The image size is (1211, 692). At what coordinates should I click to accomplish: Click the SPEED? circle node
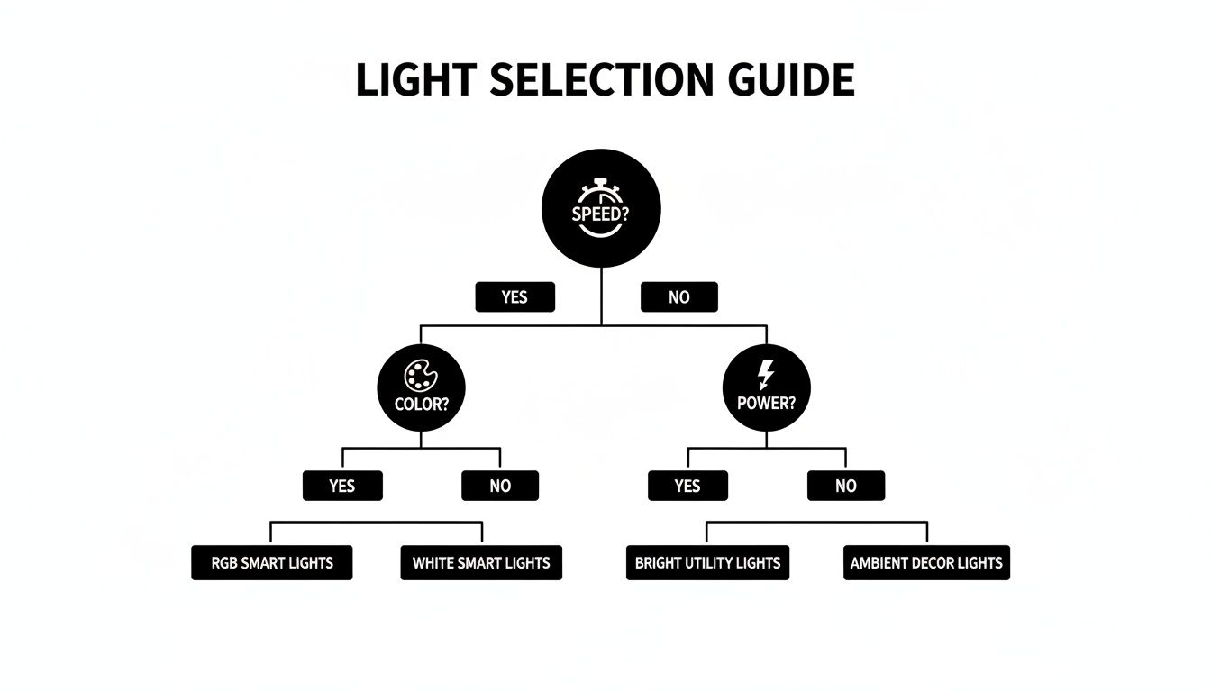click(601, 209)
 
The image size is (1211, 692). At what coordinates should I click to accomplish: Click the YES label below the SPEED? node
click(514, 296)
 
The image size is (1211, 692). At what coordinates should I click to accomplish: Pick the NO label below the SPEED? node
click(678, 296)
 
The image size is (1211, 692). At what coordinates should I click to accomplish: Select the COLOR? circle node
click(421, 387)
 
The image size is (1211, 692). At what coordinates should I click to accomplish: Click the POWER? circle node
click(767, 387)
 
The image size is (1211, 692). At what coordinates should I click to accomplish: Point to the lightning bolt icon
click(767, 374)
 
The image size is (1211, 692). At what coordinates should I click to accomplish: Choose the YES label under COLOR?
click(342, 486)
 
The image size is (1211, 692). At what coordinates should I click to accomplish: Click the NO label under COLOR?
click(500, 486)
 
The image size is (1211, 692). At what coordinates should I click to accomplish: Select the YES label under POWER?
click(687, 486)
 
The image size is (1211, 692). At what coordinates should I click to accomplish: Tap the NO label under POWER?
click(845, 486)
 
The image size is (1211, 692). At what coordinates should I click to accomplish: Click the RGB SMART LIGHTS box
click(272, 563)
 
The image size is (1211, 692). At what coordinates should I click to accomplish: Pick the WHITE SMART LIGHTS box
click(481, 563)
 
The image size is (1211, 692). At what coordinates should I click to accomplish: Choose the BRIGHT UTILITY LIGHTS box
click(707, 563)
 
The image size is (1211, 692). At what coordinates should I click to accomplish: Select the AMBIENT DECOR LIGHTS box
click(926, 563)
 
